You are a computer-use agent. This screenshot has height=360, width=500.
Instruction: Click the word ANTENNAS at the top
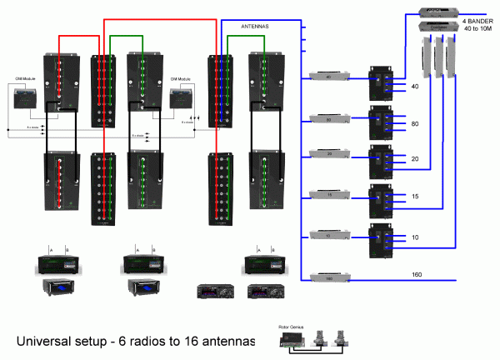255,27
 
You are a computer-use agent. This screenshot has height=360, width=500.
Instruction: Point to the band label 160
417,273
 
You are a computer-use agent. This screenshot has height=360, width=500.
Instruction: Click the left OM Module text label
23,79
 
